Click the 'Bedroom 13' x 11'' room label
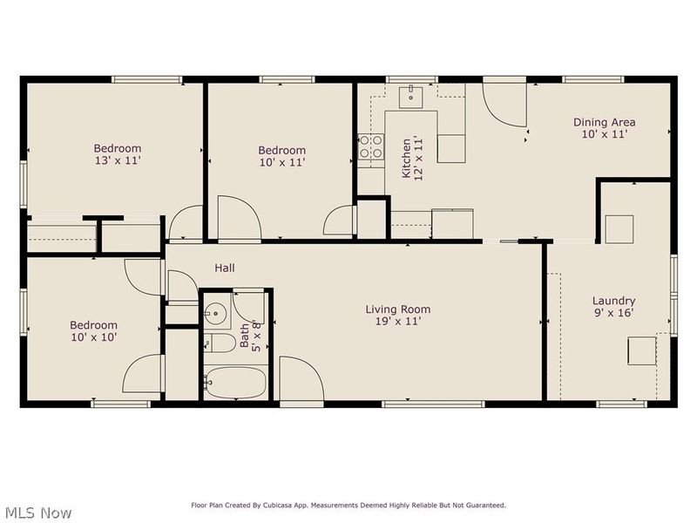(x=118, y=155)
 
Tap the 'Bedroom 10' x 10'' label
(x=93, y=330)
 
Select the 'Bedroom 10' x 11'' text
(x=281, y=156)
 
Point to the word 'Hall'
(x=225, y=268)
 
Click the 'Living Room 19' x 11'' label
(x=397, y=315)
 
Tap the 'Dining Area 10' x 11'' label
(x=604, y=128)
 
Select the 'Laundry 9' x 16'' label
(x=613, y=307)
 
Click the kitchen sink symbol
(x=410, y=96)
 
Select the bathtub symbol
(x=235, y=381)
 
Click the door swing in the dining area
(x=504, y=105)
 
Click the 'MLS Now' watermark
(x=37, y=513)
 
